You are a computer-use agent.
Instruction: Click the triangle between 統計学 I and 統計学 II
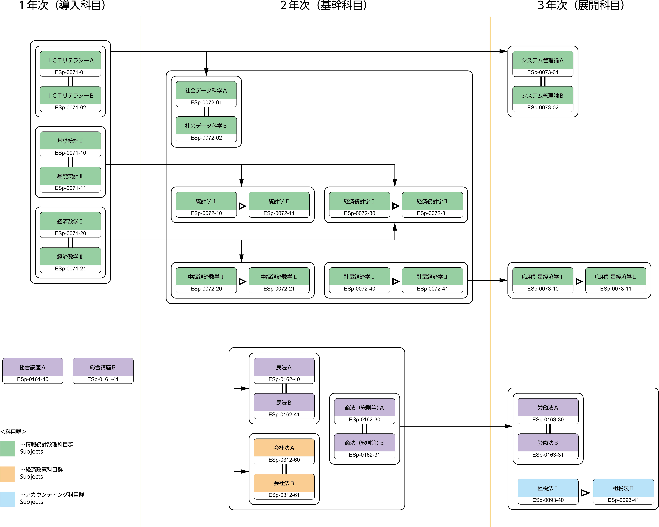pos(242,206)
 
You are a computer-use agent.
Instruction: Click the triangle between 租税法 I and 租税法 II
pos(585,493)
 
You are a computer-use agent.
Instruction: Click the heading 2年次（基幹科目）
pos(323,6)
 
